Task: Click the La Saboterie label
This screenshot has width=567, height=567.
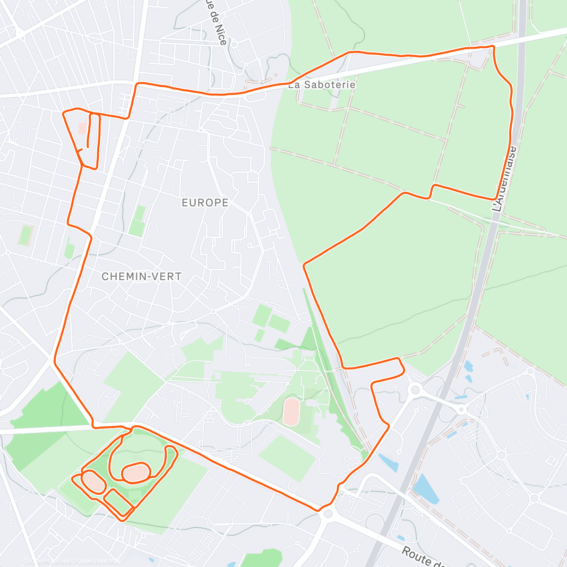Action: (322, 85)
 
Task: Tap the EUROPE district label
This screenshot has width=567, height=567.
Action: (205, 203)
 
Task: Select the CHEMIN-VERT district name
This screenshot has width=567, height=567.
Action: (142, 276)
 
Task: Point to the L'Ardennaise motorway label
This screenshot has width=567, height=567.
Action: (504, 179)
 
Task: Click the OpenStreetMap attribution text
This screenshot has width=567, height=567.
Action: (97, 561)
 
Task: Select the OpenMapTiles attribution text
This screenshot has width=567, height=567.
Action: (50, 561)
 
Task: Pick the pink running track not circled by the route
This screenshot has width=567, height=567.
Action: (292, 411)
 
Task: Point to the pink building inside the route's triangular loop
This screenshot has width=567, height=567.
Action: (82, 128)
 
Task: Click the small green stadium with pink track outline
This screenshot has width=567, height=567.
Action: (26, 235)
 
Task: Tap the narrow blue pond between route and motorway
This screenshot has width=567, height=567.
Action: (388, 463)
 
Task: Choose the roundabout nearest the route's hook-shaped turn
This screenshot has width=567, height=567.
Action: (415, 389)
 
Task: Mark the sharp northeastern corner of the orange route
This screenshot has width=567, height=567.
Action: (493, 46)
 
